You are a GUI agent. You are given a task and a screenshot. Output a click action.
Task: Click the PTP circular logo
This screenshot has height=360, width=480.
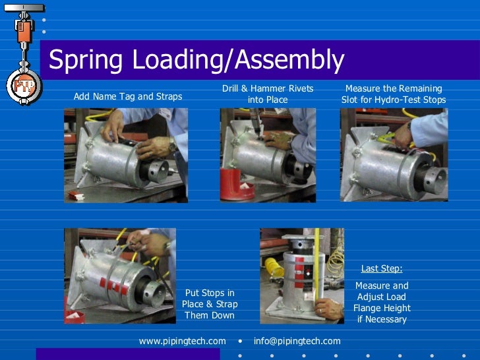[x=24, y=85]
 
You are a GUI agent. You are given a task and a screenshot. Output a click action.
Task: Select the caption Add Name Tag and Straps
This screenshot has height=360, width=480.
[x=128, y=96]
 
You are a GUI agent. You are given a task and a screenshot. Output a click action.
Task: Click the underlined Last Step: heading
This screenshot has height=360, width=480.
[x=382, y=268]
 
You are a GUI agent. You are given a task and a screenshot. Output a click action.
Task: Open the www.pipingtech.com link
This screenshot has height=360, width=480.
[x=182, y=341]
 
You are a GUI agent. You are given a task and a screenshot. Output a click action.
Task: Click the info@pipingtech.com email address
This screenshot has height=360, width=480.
[x=297, y=341]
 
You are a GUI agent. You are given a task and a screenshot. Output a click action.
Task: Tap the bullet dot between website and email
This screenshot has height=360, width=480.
[x=240, y=341]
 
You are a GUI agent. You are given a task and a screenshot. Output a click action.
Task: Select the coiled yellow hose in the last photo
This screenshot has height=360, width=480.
[x=274, y=267]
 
